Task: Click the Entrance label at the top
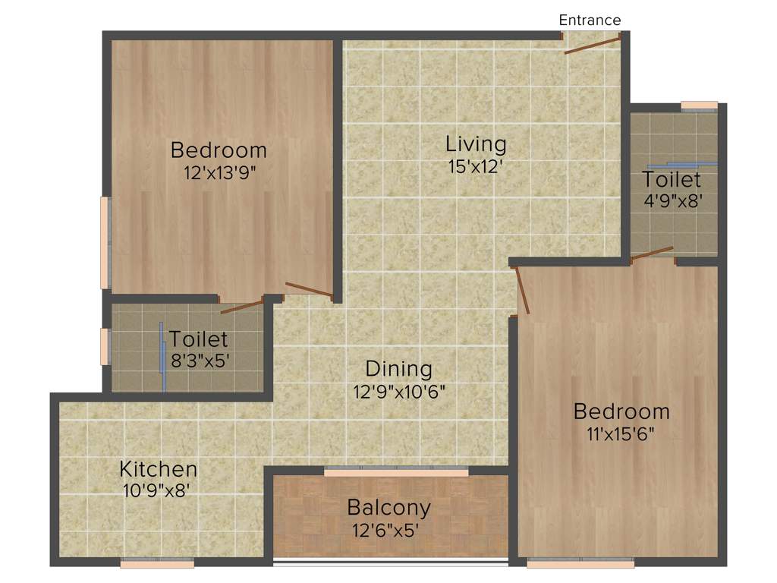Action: [590, 20]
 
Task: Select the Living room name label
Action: [476, 143]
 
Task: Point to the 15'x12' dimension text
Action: [476, 166]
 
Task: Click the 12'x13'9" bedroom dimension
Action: [219, 172]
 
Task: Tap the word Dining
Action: [399, 369]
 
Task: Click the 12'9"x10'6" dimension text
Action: [399, 392]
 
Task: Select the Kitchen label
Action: [159, 468]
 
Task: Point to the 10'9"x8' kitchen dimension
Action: [159, 490]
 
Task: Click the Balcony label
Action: [388, 506]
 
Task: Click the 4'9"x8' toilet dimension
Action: [672, 202]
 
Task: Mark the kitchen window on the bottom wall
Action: [157, 563]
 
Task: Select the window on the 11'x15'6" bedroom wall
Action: [580, 563]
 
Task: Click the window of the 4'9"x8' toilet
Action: [699, 106]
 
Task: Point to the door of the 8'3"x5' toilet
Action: [241, 307]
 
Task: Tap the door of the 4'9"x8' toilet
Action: [652, 253]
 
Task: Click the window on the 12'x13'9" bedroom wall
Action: [105, 243]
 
